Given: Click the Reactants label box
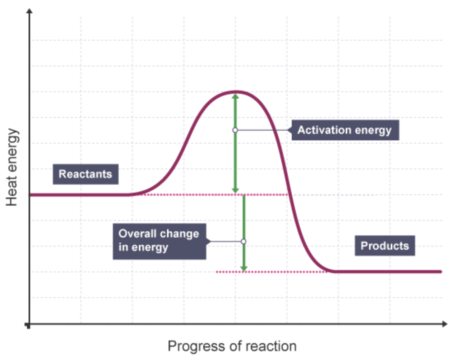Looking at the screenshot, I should pyautogui.click(x=85, y=174).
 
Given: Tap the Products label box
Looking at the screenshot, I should pyautogui.click(x=384, y=246).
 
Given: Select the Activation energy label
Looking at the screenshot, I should pyautogui.click(x=345, y=130).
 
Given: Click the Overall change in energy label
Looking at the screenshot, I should pyautogui.click(x=159, y=241).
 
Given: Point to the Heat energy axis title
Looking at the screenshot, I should pyautogui.click(x=12, y=167).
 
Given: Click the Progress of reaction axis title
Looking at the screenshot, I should pyautogui.click(x=232, y=346).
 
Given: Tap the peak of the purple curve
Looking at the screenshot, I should pyautogui.click(x=235, y=92).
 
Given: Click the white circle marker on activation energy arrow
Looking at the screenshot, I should pyautogui.click(x=235, y=130).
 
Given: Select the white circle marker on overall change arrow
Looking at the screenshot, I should pyautogui.click(x=243, y=241).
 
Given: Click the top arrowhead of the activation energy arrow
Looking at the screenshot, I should pyautogui.click(x=235, y=97).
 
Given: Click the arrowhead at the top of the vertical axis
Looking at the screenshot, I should pyautogui.click(x=29, y=11).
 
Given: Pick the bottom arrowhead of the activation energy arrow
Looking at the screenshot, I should pyautogui.click(x=235, y=190).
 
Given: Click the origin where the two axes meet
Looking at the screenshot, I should pyautogui.click(x=29, y=324).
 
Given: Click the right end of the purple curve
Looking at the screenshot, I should pyautogui.click(x=441, y=272).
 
